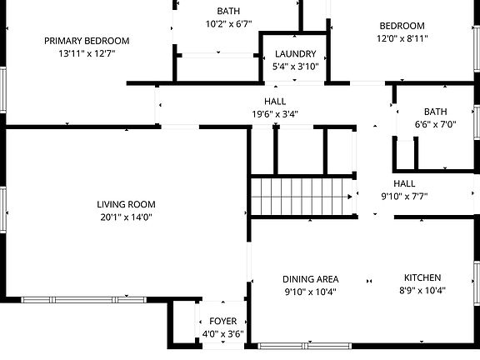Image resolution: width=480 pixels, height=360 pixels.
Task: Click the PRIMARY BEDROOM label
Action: click(87, 41)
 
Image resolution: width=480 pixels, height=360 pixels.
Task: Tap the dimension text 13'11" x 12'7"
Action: click(87, 53)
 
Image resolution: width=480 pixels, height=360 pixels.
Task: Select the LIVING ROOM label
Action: click(126, 204)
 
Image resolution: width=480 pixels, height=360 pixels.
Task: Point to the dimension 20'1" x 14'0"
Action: click(126, 217)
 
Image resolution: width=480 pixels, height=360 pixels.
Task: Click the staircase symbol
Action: click(303, 197)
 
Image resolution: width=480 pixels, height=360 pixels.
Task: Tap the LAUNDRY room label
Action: click(296, 54)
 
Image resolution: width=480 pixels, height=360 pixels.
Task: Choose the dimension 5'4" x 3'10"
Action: click(296, 67)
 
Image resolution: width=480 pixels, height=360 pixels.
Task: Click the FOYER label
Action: click(222, 321)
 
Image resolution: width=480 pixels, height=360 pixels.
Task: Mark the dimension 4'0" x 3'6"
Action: click(222, 333)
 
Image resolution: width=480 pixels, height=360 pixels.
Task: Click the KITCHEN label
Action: click(422, 277)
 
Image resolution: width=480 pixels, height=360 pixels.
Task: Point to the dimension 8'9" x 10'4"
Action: click(422, 291)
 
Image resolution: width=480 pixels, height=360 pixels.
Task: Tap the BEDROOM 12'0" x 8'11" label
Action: click(402, 26)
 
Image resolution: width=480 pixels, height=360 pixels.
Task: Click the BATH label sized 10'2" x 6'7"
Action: click(228, 11)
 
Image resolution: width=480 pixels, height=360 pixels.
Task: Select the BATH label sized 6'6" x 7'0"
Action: click(435, 111)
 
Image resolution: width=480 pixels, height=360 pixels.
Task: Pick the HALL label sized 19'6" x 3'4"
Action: click(275, 101)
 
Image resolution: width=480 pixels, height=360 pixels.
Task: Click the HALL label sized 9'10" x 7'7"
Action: click(404, 183)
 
